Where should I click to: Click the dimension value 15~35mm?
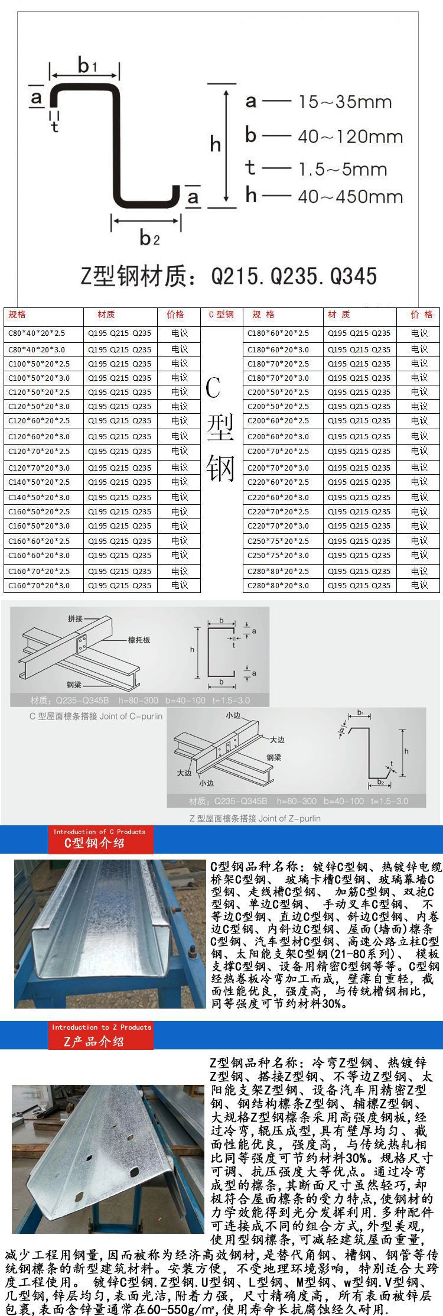[x=345, y=102]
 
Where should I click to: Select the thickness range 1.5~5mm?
[x=343, y=170]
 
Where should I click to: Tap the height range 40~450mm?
[x=350, y=197]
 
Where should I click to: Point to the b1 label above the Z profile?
[x=86, y=65]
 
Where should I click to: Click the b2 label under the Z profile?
[x=148, y=237]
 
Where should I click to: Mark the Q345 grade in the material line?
[x=353, y=275]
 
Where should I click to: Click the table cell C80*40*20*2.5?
[x=37, y=333]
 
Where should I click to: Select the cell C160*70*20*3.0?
[x=39, y=585]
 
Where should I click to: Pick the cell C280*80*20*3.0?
[x=278, y=585]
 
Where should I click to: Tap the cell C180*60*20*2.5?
[x=278, y=333]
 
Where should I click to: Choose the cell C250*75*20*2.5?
[x=278, y=541]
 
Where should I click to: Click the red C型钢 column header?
[x=221, y=315]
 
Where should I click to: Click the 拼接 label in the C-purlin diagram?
[x=75, y=619]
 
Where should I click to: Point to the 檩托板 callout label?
[x=139, y=640]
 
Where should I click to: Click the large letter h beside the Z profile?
[x=216, y=144]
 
